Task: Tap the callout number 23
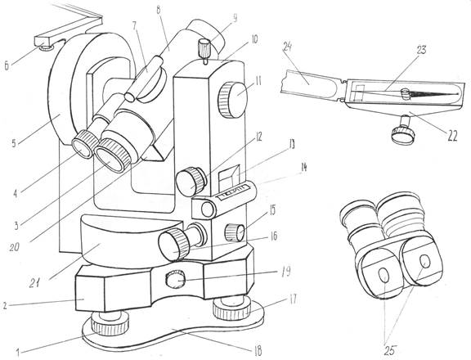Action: click(421, 50)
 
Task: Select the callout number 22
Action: click(451, 136)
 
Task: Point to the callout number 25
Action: click(390, 350)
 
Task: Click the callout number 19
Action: click(286, 272)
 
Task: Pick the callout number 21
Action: click(35, 283)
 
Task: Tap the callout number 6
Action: click(7, 65)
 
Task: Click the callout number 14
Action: click(303, 168)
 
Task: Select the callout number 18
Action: click(258, 351)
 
